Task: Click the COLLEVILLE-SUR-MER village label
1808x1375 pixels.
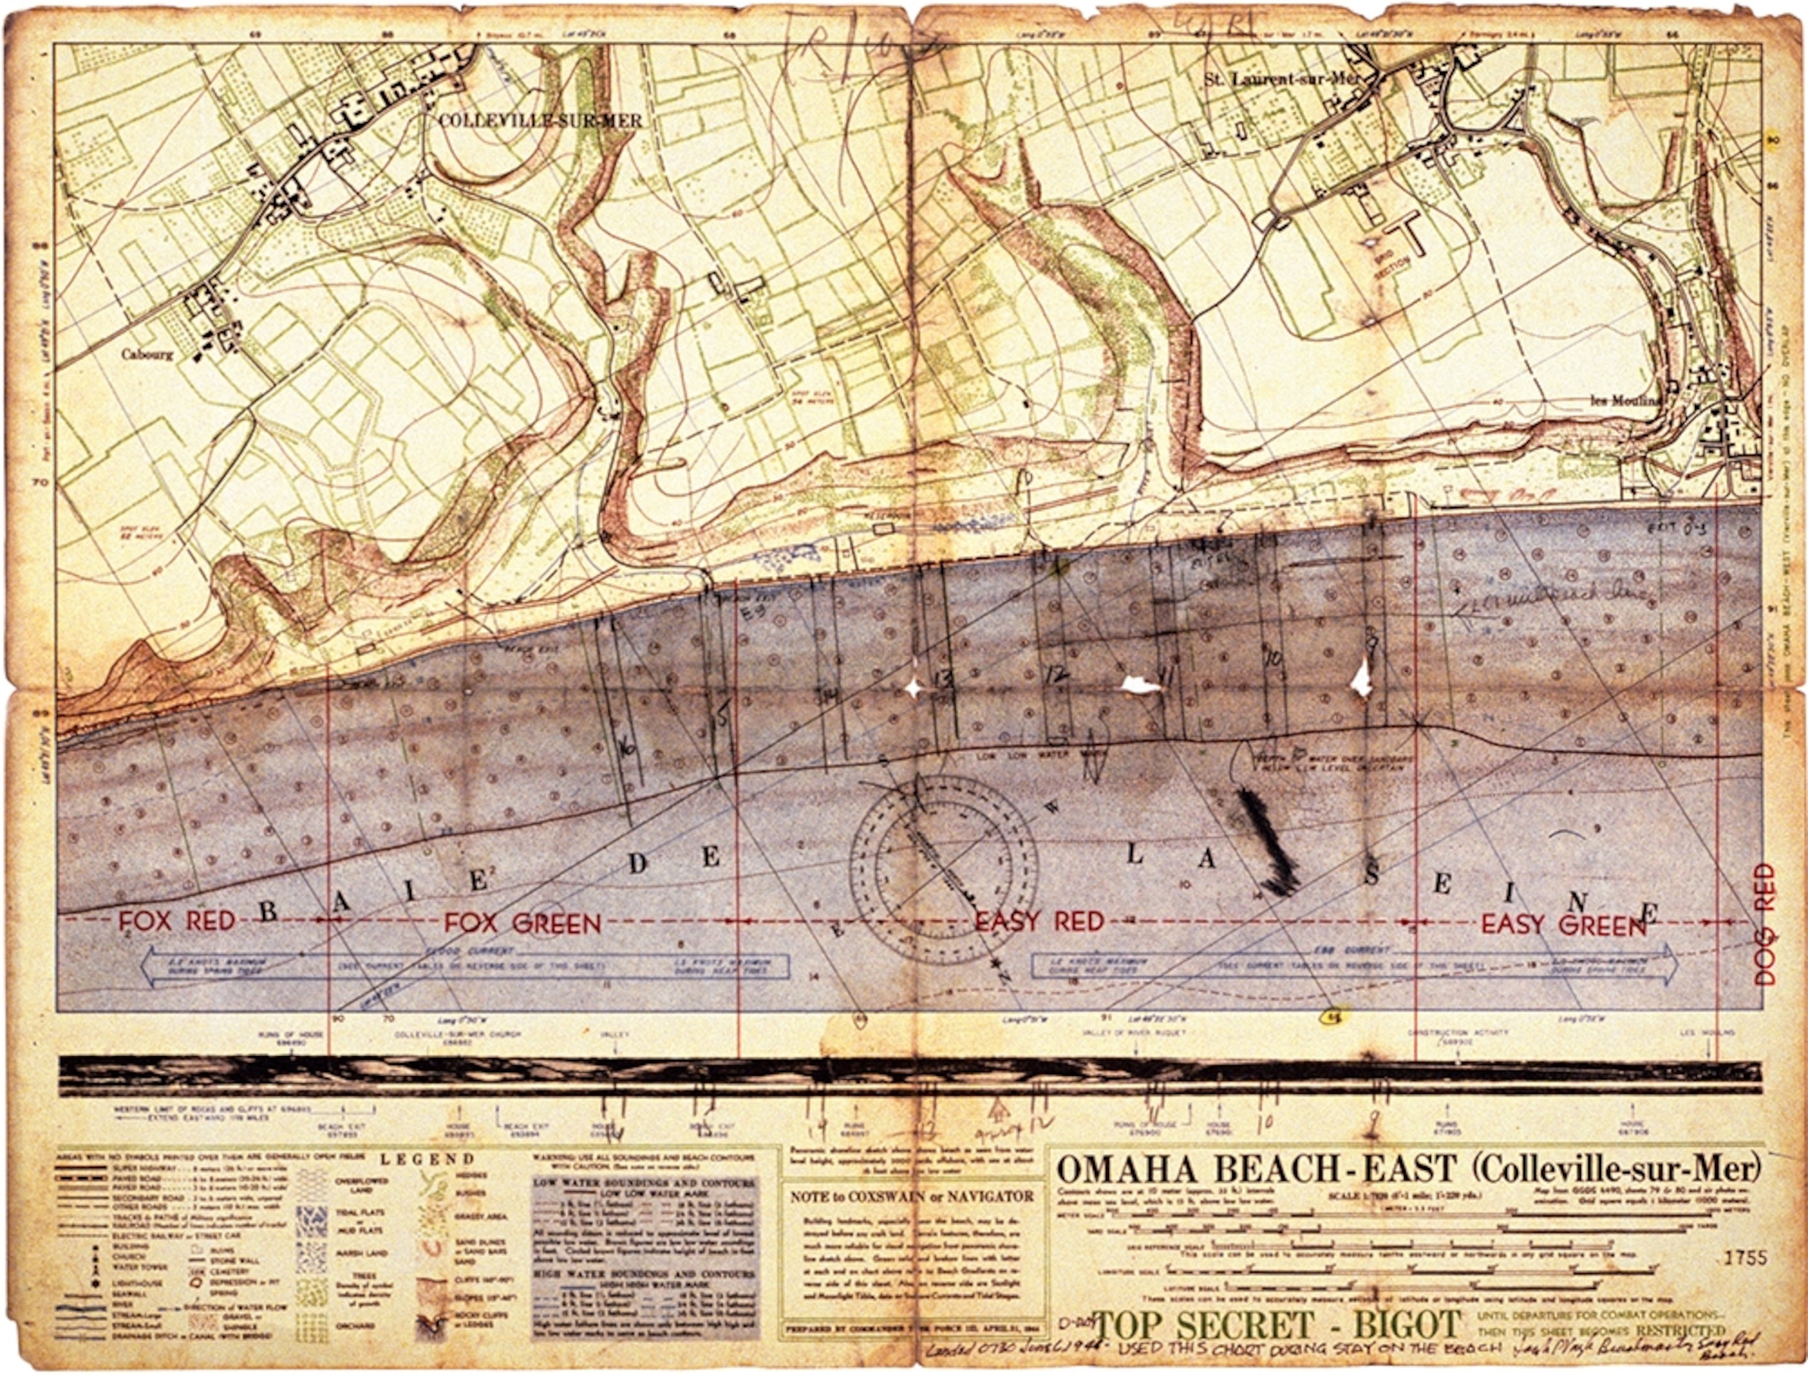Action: [x=540, y=121]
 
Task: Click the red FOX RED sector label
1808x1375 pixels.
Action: [x=177, y=922]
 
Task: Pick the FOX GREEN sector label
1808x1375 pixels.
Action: [x=523, y=924]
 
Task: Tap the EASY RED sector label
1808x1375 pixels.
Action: [x=1039, y=922]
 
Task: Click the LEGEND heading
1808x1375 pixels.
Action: [x=427, y=1159]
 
